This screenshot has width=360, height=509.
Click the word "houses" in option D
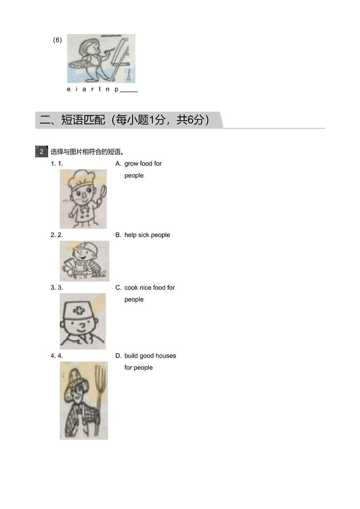click(165, 356)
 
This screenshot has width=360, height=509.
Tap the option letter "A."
click(118, 164)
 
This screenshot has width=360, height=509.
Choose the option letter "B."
click(118, 235)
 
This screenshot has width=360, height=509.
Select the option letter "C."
click(118, 287)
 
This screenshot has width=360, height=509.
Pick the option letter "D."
click(118, 356)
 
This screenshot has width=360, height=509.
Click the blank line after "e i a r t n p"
click(129, 90)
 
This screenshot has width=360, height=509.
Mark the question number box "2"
click(41, 151)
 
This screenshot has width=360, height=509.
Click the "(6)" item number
click(58, 40)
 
